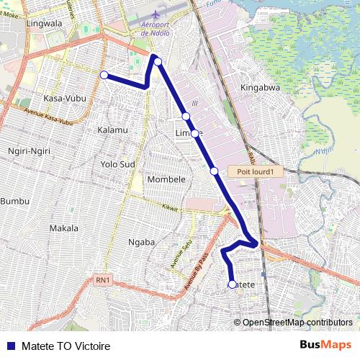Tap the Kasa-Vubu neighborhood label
point(63,98)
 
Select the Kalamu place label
point(112,130)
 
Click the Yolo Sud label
point(118,164)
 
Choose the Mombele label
point(166,179)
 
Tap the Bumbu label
point(12,200)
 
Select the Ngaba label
point(141,242)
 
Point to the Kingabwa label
point(258,89)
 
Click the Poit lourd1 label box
point(253,171)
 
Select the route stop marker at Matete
point(232,284)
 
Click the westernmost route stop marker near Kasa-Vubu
point(104,75)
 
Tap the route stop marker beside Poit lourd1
point(215,171)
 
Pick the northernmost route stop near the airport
point(158,61)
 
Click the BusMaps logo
point(325,346)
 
